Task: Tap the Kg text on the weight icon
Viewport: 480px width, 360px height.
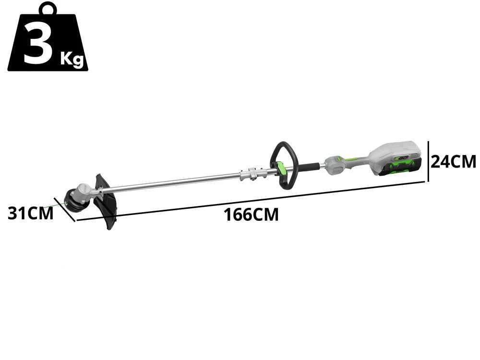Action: (x=72, y=60)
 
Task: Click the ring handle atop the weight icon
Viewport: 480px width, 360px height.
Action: (x=48, y=9)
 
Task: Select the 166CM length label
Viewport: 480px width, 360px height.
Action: (x=251, y=215)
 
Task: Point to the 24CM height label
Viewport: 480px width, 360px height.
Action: (x=453, y=161)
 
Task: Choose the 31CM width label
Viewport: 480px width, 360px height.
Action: (x=30, y=213)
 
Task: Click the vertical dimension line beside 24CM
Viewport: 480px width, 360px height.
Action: (x=428, y=161)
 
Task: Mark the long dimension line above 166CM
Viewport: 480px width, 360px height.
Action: (x=250, y=201)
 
